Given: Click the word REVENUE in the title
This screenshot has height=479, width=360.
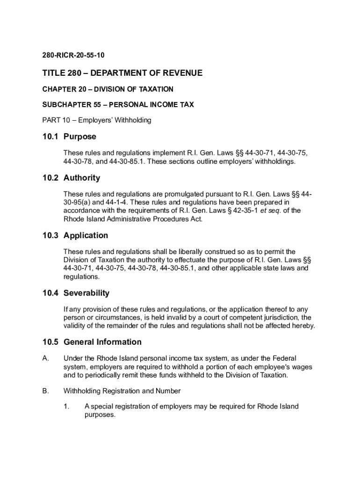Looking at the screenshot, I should (182, 73).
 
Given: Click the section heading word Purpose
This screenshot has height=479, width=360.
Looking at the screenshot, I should (80, 137).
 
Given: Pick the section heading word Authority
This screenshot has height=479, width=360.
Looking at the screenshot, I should (82, 178).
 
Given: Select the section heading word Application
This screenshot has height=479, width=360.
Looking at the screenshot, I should (86, 235).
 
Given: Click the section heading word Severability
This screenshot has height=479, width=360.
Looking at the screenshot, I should (86, 293).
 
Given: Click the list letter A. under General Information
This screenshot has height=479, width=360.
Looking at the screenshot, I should (45, 358).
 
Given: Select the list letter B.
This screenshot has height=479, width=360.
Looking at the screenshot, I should (45, 391).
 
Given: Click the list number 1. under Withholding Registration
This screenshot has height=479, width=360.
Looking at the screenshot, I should (66, 406).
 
